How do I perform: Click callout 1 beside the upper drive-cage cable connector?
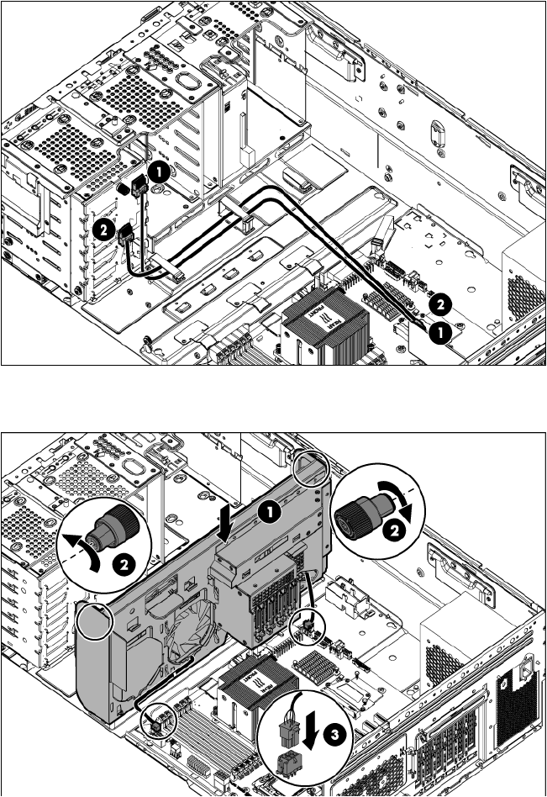[159, 172]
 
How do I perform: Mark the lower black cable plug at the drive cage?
[128, 236]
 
